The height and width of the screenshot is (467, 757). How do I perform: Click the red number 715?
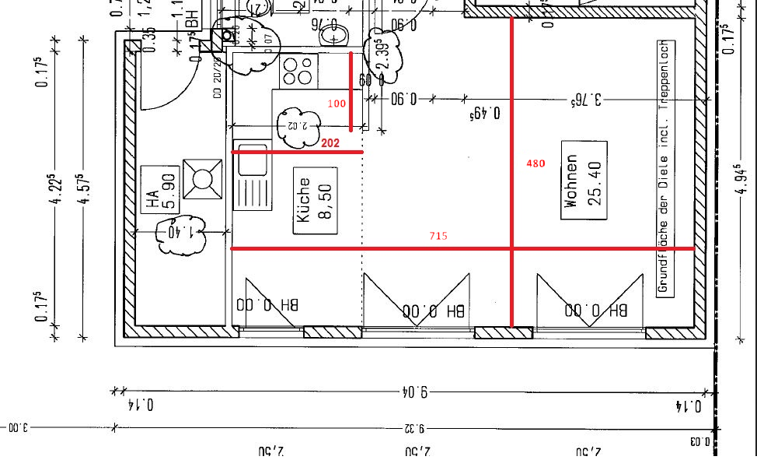coord(438,235)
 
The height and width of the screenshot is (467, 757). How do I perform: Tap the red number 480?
coord(536,163)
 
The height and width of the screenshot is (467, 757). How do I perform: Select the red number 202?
coord(330,143)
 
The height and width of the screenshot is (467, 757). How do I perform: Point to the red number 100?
coord(336,104)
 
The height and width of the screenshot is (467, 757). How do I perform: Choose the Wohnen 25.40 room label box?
coord(584,180)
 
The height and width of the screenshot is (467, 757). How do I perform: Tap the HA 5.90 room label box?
coord(159,190)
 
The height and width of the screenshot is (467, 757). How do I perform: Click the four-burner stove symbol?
coord(298,71)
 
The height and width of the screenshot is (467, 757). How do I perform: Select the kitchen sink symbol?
coord(253,175)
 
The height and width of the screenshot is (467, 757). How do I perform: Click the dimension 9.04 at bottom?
coord(414,392)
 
